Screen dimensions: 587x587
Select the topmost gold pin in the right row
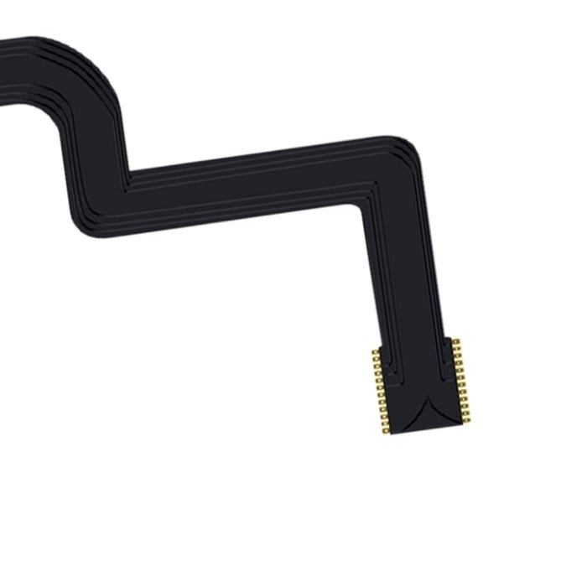click(x=455, y=341)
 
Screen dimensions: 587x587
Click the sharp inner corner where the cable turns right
click(x=127, y=179)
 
